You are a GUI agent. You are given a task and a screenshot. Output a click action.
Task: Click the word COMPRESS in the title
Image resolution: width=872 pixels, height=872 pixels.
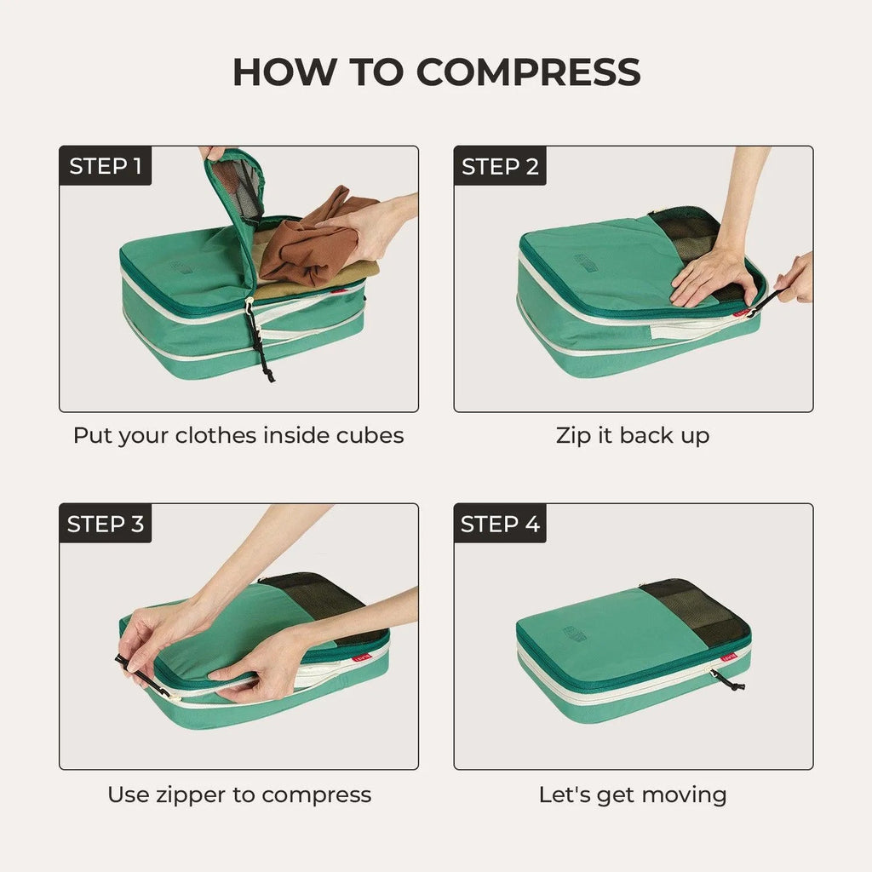coord(528,72)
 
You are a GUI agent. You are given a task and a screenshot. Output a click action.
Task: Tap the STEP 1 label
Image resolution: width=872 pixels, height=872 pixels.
coord(106,167)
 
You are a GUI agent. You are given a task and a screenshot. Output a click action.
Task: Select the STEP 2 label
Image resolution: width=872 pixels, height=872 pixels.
coord(500,167)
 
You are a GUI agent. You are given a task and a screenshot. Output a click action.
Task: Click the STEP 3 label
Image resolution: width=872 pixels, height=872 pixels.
coord(106,525)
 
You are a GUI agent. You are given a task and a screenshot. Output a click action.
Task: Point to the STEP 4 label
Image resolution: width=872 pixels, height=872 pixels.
coord(500,525)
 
